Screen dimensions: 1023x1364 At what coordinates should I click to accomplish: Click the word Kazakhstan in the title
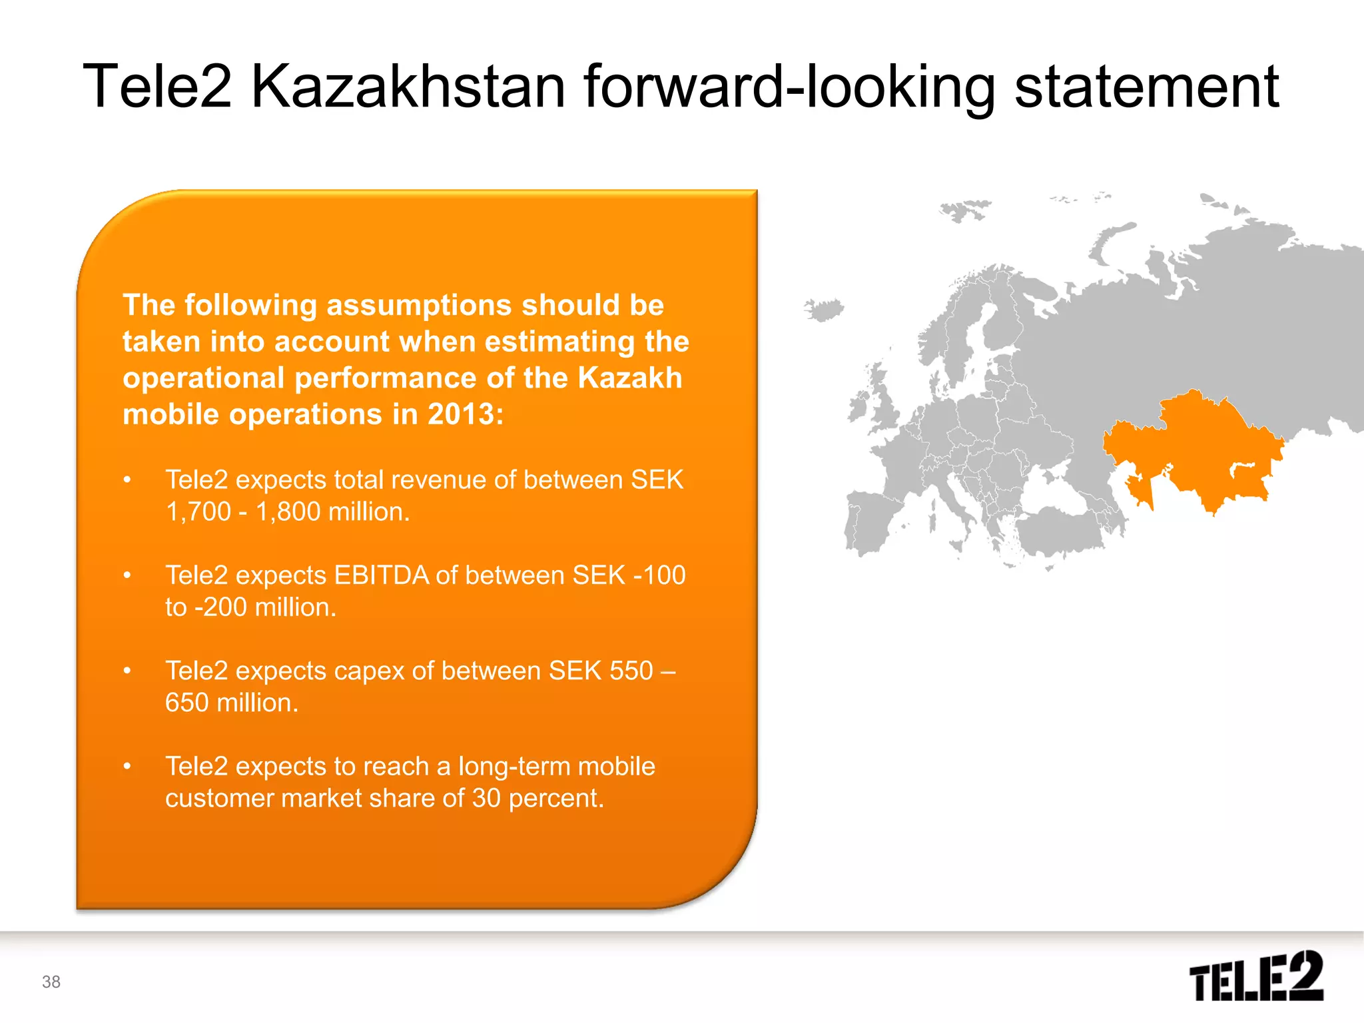(408, 87)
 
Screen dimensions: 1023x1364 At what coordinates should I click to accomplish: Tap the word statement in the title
(1146, 87)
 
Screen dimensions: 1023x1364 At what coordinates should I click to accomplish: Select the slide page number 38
(51, 982)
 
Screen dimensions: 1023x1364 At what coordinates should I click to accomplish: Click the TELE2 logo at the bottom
(1256, 976)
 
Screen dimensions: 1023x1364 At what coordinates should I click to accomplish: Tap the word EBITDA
(382, 575)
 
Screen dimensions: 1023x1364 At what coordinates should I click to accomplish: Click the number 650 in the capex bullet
(187, 703)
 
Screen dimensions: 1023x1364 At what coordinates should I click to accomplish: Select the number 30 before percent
(486, 798)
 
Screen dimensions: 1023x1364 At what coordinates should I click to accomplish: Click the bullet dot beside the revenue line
(127, 480)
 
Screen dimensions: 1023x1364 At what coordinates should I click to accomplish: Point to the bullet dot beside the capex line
(127, 671)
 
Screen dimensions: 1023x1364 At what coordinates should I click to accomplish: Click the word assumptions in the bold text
(420, 305)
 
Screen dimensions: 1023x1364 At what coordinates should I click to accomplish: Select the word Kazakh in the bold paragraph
(629, 378)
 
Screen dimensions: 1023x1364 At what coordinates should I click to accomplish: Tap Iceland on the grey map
(824, 310)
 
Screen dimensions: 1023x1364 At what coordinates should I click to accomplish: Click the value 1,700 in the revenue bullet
(198, 511)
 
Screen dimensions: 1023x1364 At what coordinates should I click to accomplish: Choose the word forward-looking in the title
(789, 87)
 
